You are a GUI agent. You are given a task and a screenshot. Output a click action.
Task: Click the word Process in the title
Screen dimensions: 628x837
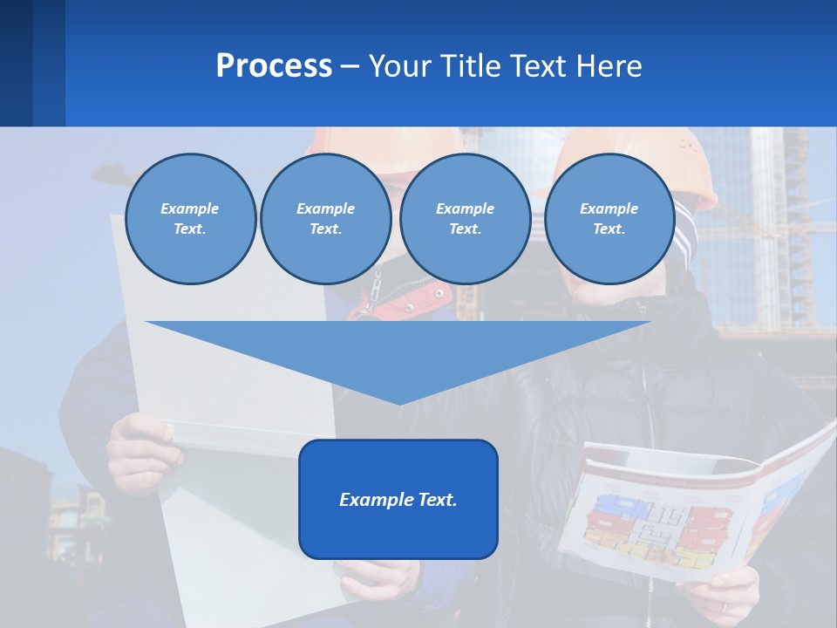(x=274, y=66)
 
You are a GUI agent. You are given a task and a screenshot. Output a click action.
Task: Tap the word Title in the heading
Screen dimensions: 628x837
(x=467, y=66)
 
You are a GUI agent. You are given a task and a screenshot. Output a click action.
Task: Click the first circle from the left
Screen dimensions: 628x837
(x=190, y=219)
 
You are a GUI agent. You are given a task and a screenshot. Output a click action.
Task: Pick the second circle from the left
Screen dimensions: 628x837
(x=325, y=219)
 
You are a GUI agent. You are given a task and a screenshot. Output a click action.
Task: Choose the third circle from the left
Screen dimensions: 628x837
(x=465, y=219)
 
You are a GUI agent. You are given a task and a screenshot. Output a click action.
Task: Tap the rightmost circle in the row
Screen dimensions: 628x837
(x=609, y=219)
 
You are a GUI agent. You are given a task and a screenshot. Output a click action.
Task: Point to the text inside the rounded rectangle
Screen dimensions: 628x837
(x=398, y=500)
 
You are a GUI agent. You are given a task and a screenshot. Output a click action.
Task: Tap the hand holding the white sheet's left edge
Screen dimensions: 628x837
(x=139, y=445)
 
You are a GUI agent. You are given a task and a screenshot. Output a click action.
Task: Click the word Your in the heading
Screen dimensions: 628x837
(x=398, y=66)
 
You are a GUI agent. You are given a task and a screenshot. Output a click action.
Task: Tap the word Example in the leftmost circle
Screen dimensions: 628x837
(x=190, y=208)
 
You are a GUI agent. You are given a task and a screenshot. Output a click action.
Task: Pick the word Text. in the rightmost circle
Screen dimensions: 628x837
(x=609, y=229)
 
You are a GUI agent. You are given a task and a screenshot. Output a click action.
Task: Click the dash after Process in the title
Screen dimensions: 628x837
(x=350, y=66)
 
